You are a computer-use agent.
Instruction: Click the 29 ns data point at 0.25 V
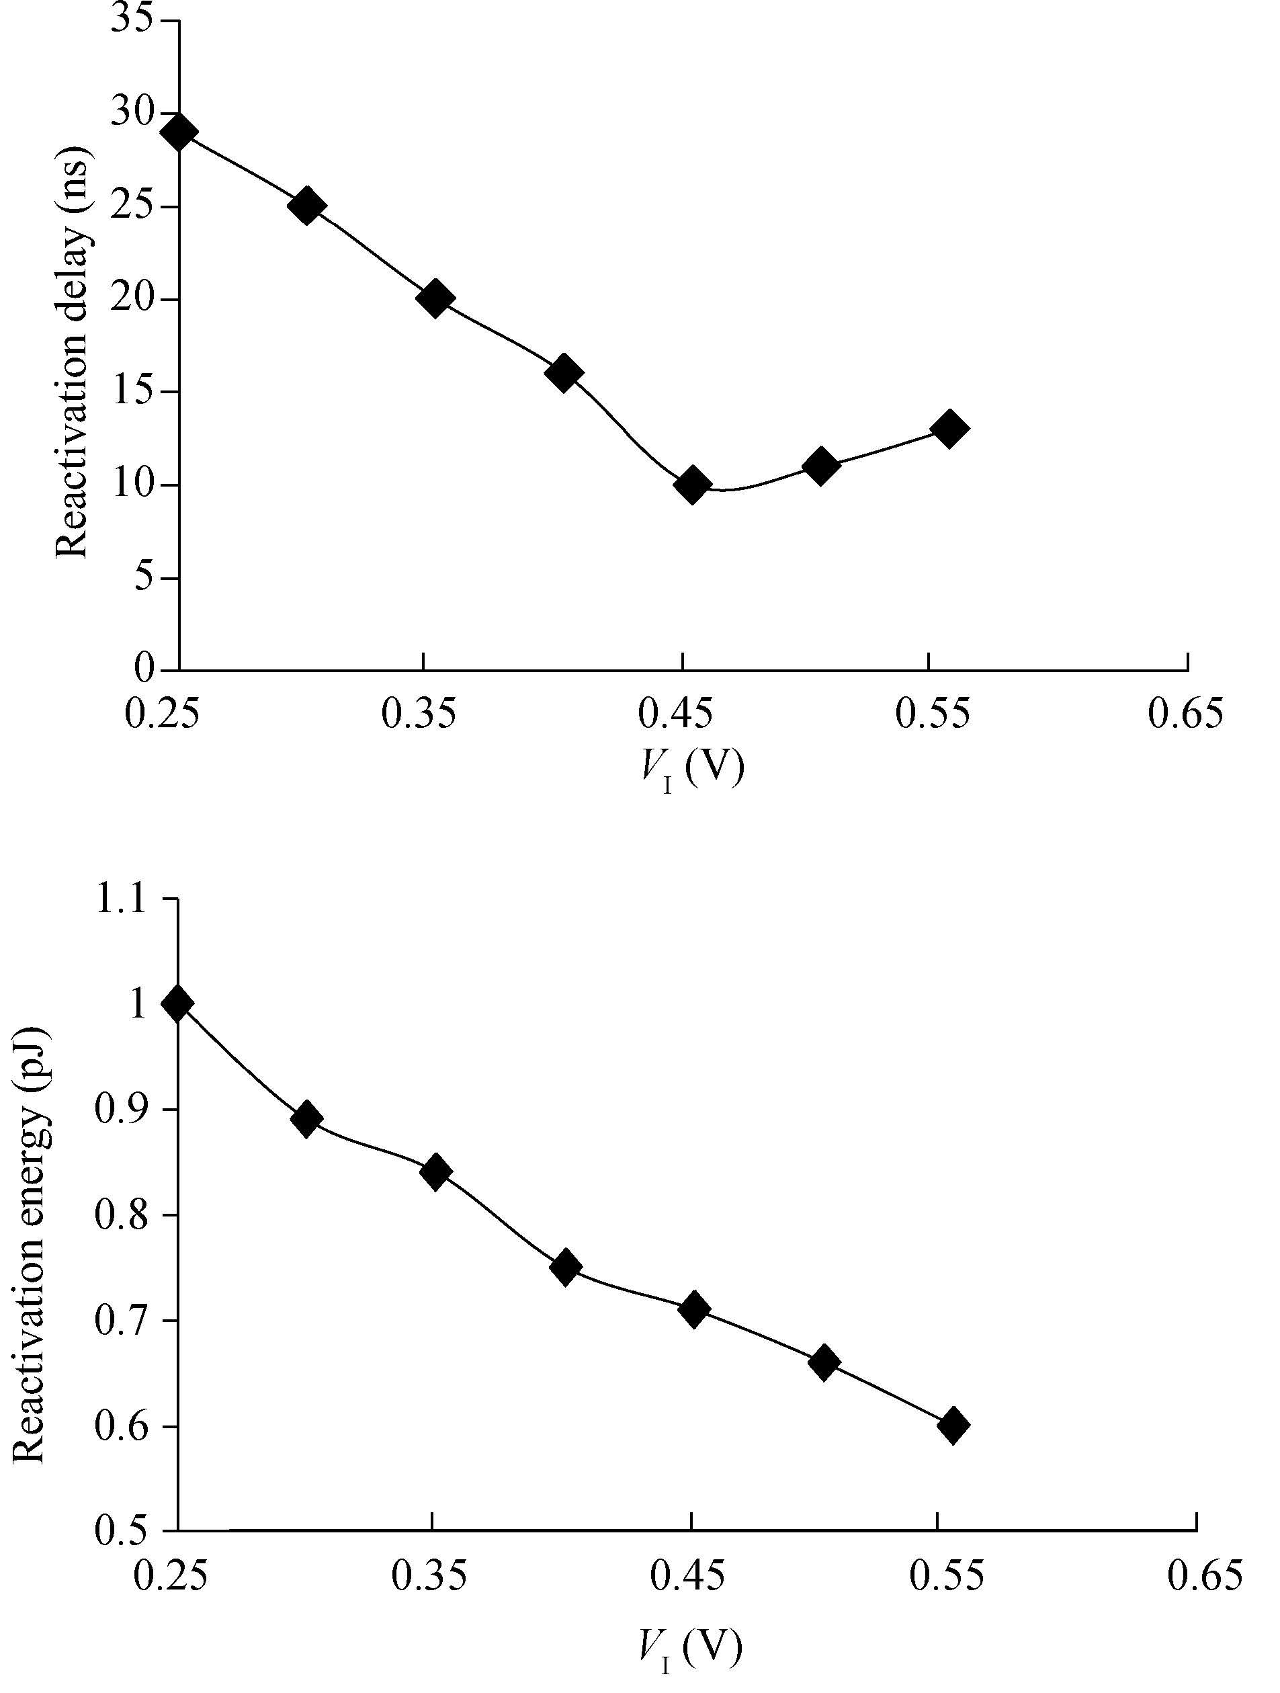(x=180, y=132)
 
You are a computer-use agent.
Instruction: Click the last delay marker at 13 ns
(x=949, y=429)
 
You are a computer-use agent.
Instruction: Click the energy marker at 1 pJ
(x=177, y=1003)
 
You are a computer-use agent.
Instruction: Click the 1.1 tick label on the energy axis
(x=120, y=898)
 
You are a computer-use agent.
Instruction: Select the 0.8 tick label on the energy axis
(x=120, y=1214)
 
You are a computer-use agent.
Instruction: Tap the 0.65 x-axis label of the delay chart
(x=1185, y=713)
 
